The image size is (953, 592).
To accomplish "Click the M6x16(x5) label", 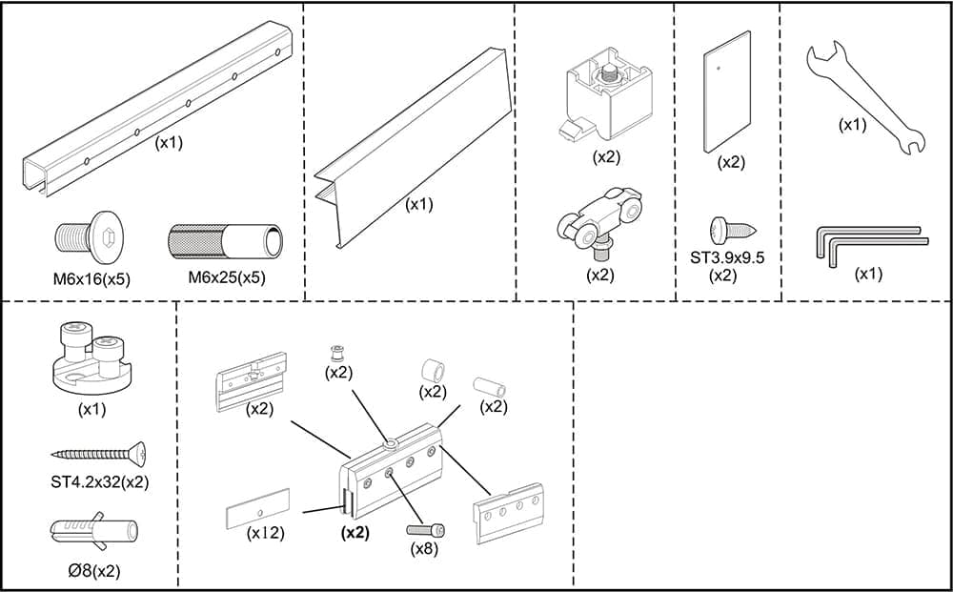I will (91, 278).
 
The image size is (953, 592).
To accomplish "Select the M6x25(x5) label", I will (226, 278).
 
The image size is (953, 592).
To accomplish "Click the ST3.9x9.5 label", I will (727, 257).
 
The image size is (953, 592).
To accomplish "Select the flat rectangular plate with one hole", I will (727, 92).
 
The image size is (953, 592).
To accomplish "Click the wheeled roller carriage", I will (600, 221).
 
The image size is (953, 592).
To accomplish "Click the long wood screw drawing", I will (100, 454).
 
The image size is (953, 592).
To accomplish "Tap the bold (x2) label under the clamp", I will (355, 532).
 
